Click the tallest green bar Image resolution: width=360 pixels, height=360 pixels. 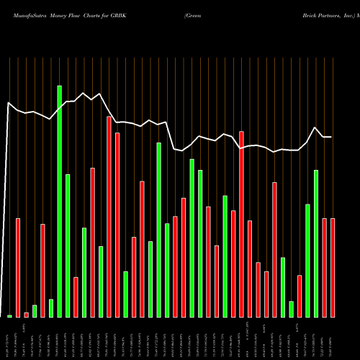pos(59,202)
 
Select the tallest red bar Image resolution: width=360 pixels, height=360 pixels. pos(109,217)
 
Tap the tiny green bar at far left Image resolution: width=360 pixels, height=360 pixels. pos(9,316)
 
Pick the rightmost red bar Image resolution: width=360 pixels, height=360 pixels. pos(333,268)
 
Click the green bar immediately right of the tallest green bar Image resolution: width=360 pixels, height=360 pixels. pos(68,246)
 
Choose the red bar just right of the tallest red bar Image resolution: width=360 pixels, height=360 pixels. pos(117,225)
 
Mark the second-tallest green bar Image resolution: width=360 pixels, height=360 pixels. pos(158,230)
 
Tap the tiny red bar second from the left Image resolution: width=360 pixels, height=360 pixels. pos(26,315)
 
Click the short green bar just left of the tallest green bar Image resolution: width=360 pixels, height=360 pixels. pos(51,308)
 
